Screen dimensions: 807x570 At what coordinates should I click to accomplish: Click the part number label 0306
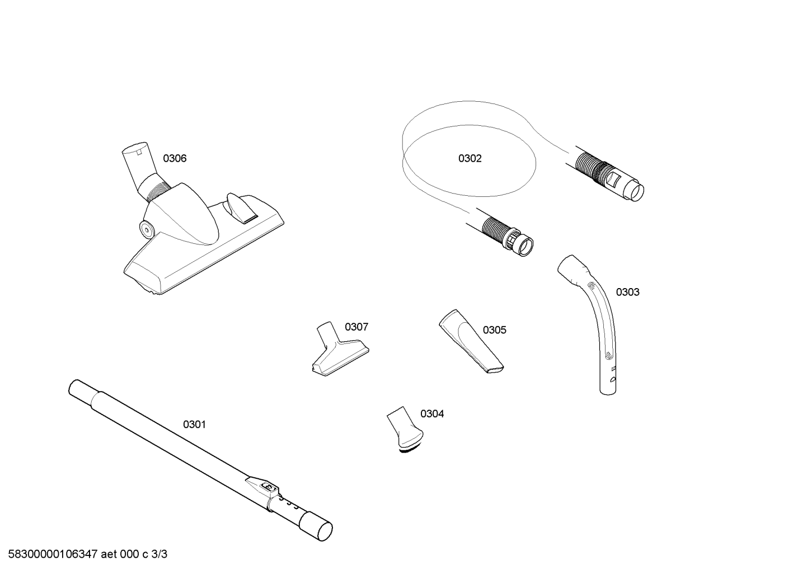click(x=175, y=158)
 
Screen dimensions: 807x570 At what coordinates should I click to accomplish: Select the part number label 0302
click(x=470, y=158)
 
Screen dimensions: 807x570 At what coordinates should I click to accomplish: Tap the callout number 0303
click(x=627, y=292)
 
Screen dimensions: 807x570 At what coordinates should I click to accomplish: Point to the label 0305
click(x=494, y=330)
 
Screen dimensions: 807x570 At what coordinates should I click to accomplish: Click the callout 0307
click(x=356, y=327)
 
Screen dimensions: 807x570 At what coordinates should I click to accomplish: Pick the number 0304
click(x=432, y=414)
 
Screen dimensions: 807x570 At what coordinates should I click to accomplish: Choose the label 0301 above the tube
click(x=194, y=425)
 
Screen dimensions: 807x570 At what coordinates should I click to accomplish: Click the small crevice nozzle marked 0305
click(x=470, y=341)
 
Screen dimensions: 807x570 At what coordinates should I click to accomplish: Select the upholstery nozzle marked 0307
click(x=339, y=350)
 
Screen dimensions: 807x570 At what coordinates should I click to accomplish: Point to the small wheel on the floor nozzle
click(x=146, y=229)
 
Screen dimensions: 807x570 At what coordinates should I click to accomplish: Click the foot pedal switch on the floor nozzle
click(x=241, y=208)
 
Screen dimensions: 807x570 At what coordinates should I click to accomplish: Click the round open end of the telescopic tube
click(x=325, y=531)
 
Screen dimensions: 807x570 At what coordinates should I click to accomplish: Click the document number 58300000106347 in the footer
click(x=53, y=554)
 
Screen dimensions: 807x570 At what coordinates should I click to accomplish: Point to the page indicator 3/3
click(x=159, y=554)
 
